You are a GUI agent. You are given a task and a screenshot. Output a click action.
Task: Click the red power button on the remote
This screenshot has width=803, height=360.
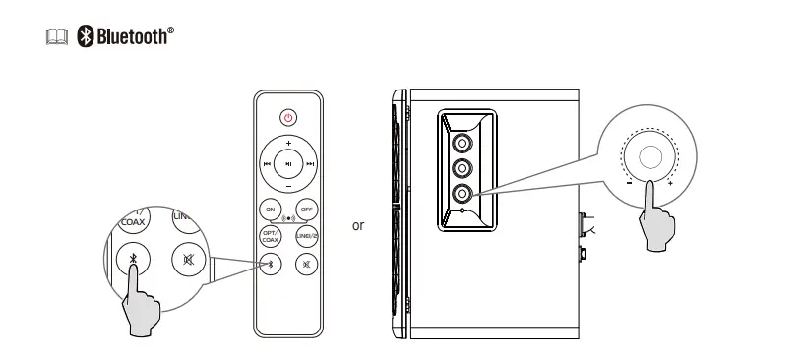click(x=288, y=117)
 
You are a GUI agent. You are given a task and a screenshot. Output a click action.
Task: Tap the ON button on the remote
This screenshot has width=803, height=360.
click(x=271, y=210)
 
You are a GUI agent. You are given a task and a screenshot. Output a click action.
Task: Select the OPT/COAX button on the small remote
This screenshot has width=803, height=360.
click(x=270, y=237)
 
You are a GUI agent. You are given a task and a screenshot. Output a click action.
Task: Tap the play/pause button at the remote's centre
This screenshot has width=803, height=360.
click(x=288, y=164)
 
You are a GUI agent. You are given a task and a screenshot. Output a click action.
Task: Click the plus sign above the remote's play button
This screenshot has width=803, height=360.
click(x=288, y=144)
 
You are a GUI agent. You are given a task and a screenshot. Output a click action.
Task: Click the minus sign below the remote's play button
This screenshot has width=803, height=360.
click(x=288, y=186)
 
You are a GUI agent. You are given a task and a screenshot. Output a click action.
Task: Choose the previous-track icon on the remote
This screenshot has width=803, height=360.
click(x=267, y=164)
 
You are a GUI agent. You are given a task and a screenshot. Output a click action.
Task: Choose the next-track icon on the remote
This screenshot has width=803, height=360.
click(x=310, y=164)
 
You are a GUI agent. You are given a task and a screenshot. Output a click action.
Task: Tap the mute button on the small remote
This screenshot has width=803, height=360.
click(x=307, y=264)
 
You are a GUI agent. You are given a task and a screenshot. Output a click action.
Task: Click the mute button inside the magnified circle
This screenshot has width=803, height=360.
click(x=188, y=260)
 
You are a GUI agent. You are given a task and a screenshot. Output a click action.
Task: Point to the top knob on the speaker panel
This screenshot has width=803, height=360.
click(x=462, y=142)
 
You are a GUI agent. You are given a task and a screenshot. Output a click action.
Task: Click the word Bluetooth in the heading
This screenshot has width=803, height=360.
click(x=132, y=37)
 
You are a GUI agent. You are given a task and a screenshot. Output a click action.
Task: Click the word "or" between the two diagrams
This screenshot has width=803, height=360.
click(x=358, y=226)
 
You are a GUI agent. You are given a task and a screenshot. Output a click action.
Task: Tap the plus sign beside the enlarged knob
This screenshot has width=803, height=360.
click(x=670, y=183)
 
